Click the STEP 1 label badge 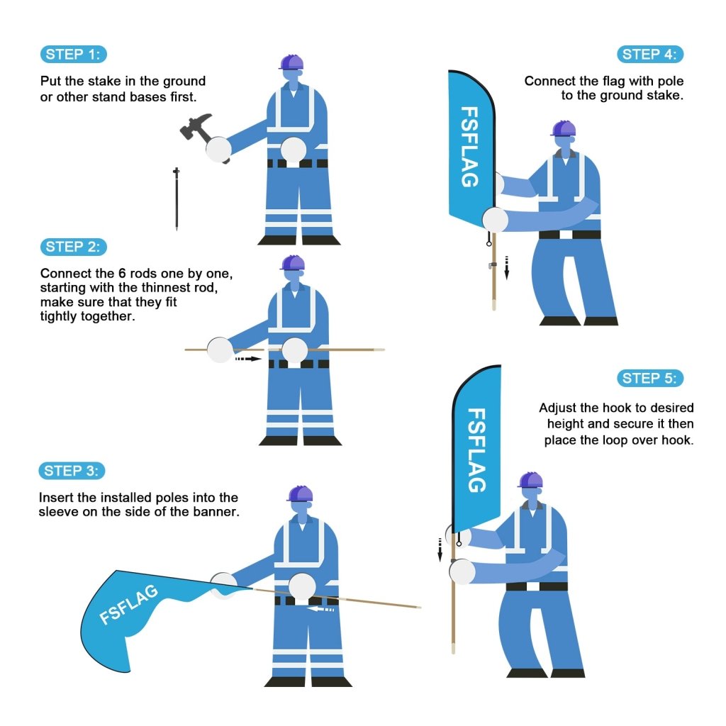click(x=73, y=55)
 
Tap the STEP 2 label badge click(x=73, y=247)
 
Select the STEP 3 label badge click(x=73, y=471)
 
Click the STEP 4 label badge click(x=650, y=55)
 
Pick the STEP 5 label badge click(x=650, y=378)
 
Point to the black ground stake click(x=177, y=199)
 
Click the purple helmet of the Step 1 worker click(x=291, y=62)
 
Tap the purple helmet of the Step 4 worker click(x=564, y=128)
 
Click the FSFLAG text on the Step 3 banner click(x=129, y=605)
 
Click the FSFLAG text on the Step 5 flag click(x=477, y=449)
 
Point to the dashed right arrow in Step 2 click(x=248, y=359)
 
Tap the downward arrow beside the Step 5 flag click(x=440, y=548)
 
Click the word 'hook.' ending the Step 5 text click(x=677, y=440)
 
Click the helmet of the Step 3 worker click(x=301, y=493)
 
